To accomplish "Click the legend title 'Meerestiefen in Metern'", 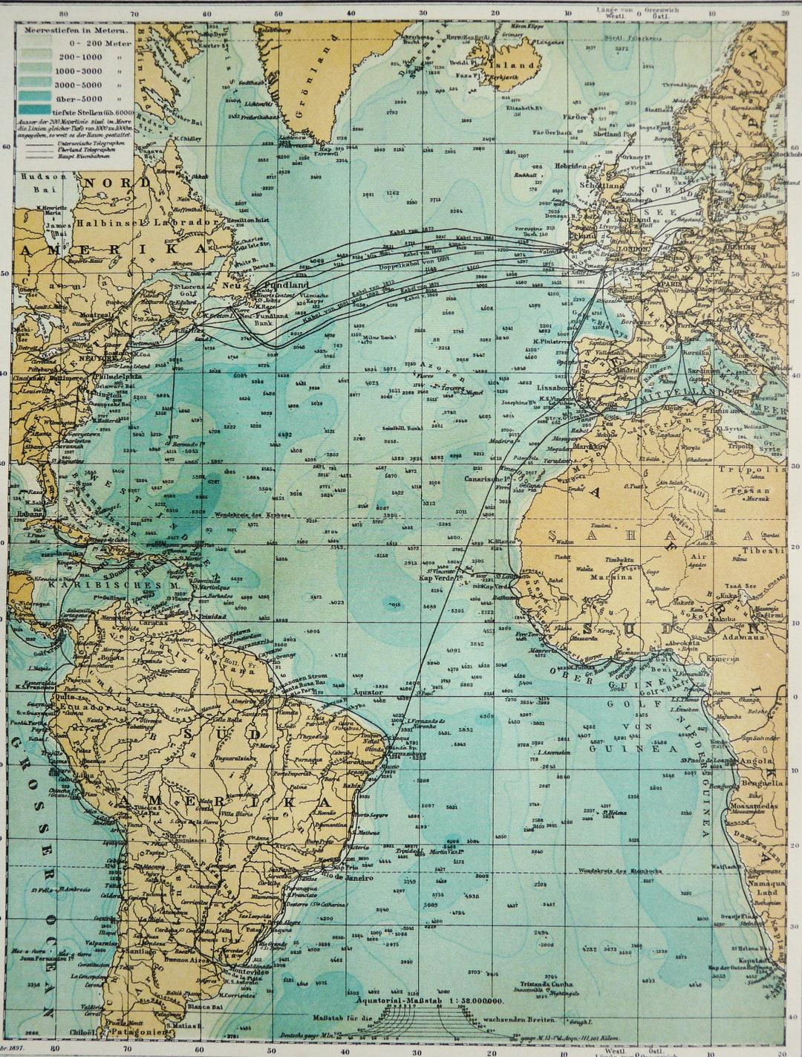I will point(74,32).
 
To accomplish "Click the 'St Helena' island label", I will point(614,813).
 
